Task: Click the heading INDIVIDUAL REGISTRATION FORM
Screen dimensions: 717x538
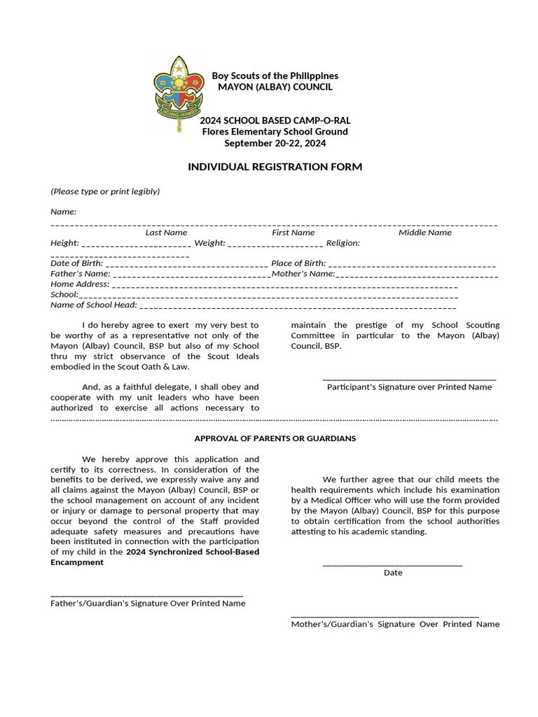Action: tap(275, 167)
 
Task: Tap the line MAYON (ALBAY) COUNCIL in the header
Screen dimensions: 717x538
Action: tap(275, 87)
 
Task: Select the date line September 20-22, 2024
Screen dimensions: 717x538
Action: tap(275, 143)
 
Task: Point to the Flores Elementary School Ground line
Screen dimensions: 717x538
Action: tap(275, 132)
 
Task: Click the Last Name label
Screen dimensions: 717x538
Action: tap(166, 232)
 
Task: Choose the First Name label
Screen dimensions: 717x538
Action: tap(293, 232)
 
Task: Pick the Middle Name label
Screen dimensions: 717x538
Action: tap(425, 232)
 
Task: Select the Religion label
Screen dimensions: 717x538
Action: tap(343, 243)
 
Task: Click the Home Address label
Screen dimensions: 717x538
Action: tap(80, 284)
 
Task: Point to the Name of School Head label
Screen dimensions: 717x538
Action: tap(94, 305)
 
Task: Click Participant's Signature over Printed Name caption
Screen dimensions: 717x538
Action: tap(409, 387)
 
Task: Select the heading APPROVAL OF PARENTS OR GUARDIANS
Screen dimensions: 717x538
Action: tap(275, 438)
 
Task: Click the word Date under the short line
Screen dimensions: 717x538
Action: tap(393, 573)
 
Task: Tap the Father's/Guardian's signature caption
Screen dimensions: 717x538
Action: tap(148, 603)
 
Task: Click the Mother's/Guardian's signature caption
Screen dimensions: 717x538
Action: tap(395, 624)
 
